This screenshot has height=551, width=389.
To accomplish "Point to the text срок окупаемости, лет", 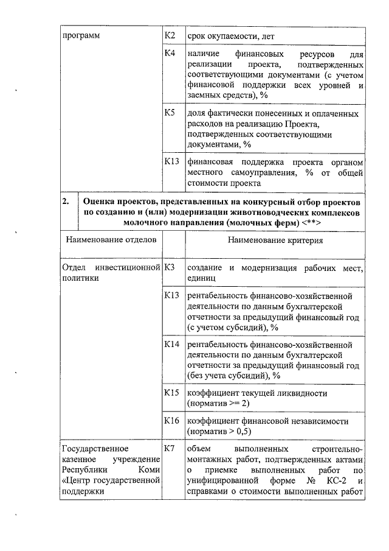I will click(x=232, y=37).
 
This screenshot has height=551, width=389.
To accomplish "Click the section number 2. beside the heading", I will click(x=67, y=202).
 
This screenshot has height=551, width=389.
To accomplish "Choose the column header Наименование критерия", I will click(x=275, y=240).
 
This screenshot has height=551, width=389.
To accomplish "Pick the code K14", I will click(x=172, y=345).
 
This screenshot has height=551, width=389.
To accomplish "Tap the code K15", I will click(x=172, y=393).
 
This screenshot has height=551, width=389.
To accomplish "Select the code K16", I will click(x=172, y=421).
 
